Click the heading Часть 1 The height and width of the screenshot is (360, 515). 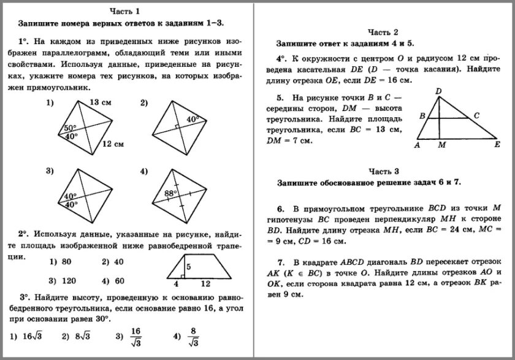pyautogui.click(x=124, y=10)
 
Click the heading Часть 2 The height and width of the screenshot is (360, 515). pyautogui.click(x=383, y=32)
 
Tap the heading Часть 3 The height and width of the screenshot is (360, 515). pyautogui.click(x=383, y=170)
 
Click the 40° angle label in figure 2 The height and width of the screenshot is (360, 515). pyautogui.click(x=193, y=119)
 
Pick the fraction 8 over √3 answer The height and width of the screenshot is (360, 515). pyautogui.click(x=194, y=335)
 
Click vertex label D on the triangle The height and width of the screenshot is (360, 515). pyautogui.click(x=438, y=91)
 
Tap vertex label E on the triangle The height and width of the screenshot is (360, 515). pyautogui.click(x=498, y=145)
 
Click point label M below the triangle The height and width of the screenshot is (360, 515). pyautogui.click(x=441, y=146)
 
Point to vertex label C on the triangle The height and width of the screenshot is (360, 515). pyautogui.click(x=476, y=115)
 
